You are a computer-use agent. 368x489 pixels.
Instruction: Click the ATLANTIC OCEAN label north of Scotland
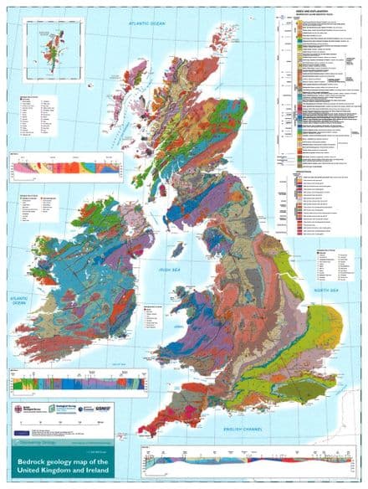(143, 25)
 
